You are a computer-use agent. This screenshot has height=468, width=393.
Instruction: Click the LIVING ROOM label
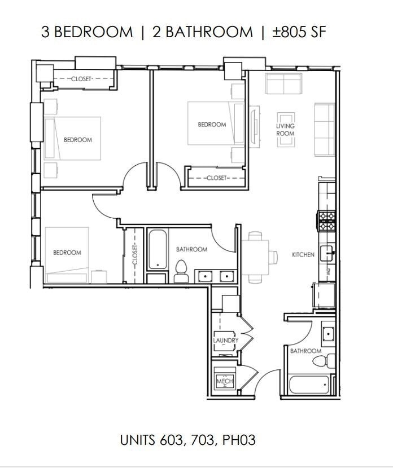point(285,130)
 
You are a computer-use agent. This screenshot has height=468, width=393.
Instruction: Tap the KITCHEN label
point(303,255)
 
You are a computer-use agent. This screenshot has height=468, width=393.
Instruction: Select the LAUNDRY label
point(225,341)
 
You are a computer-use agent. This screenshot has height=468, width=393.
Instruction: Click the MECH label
point(224,382)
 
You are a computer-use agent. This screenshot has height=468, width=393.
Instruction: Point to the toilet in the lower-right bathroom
point(331,361)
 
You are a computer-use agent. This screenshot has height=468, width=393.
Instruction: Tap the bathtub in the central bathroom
point(156,250)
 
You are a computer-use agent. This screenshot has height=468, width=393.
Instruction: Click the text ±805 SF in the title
point(299,32)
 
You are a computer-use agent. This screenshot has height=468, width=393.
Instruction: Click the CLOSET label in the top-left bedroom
point(81,80)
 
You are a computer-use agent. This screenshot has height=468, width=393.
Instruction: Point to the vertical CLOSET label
point(135,255)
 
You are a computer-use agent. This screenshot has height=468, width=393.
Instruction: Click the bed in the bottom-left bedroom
point(67,254)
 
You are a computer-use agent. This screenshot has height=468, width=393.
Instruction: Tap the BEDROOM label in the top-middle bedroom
point(212,125)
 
